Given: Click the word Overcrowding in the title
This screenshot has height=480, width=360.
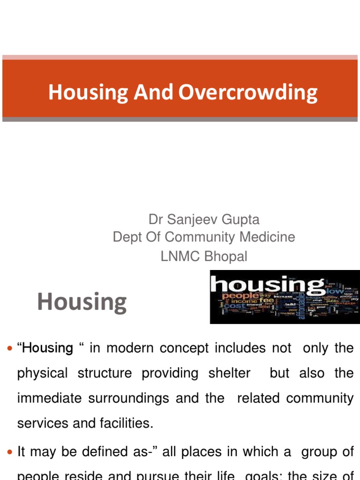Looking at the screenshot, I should click(x=248, y=92).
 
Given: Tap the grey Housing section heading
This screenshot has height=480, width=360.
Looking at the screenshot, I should click(x=82, y=302).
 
